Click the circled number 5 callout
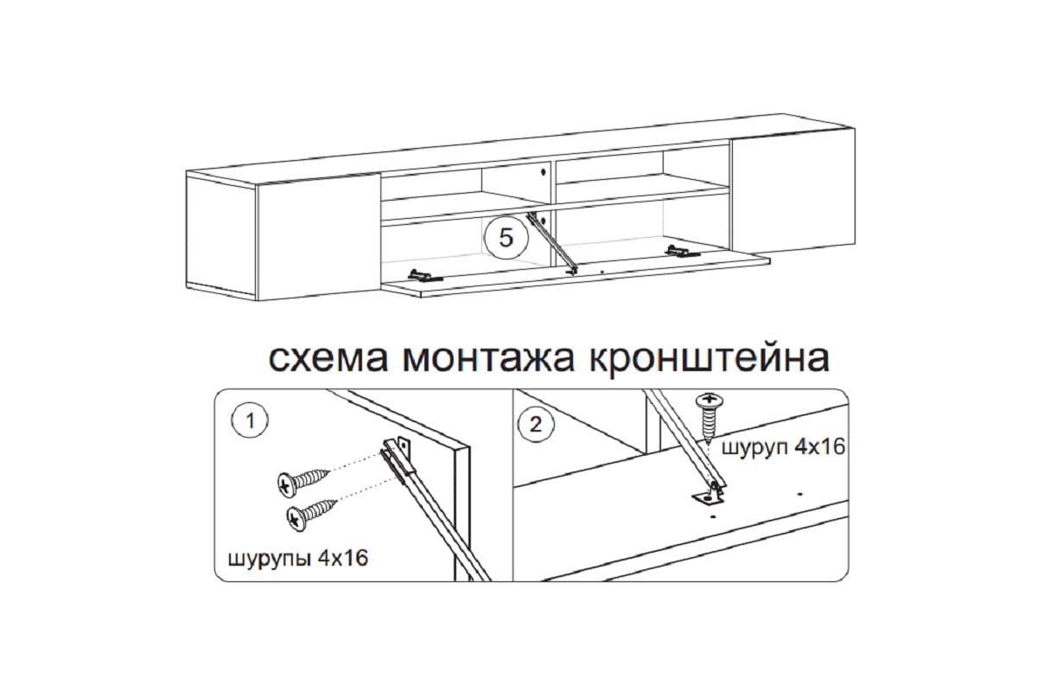point(506,238)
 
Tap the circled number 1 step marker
point(250,421)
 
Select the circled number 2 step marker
point(536,425)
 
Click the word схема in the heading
point(328,359)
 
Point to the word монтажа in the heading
point(488,359)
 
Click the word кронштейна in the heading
point(709,358)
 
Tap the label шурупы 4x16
point(297,559)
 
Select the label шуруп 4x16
point(783,447)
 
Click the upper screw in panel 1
point(303,482)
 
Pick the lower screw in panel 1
point(313,514)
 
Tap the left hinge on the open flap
point(425,276)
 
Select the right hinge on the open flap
point(683,252)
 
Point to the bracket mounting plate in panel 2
point(708,498)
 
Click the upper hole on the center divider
point(543,172)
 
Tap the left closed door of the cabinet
point(319,237)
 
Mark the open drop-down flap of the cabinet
point(576,273)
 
